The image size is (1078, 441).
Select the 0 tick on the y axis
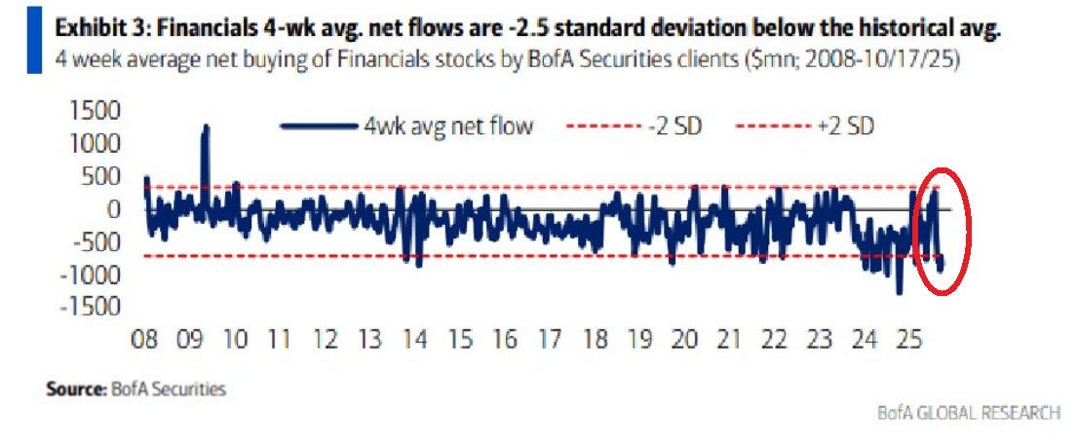click(x=115, y=209)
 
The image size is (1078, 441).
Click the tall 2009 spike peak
click(x=206, y=128)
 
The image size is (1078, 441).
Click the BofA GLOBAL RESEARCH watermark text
click(x=969, y=413)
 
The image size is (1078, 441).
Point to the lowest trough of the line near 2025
click(x=900, y=291)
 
